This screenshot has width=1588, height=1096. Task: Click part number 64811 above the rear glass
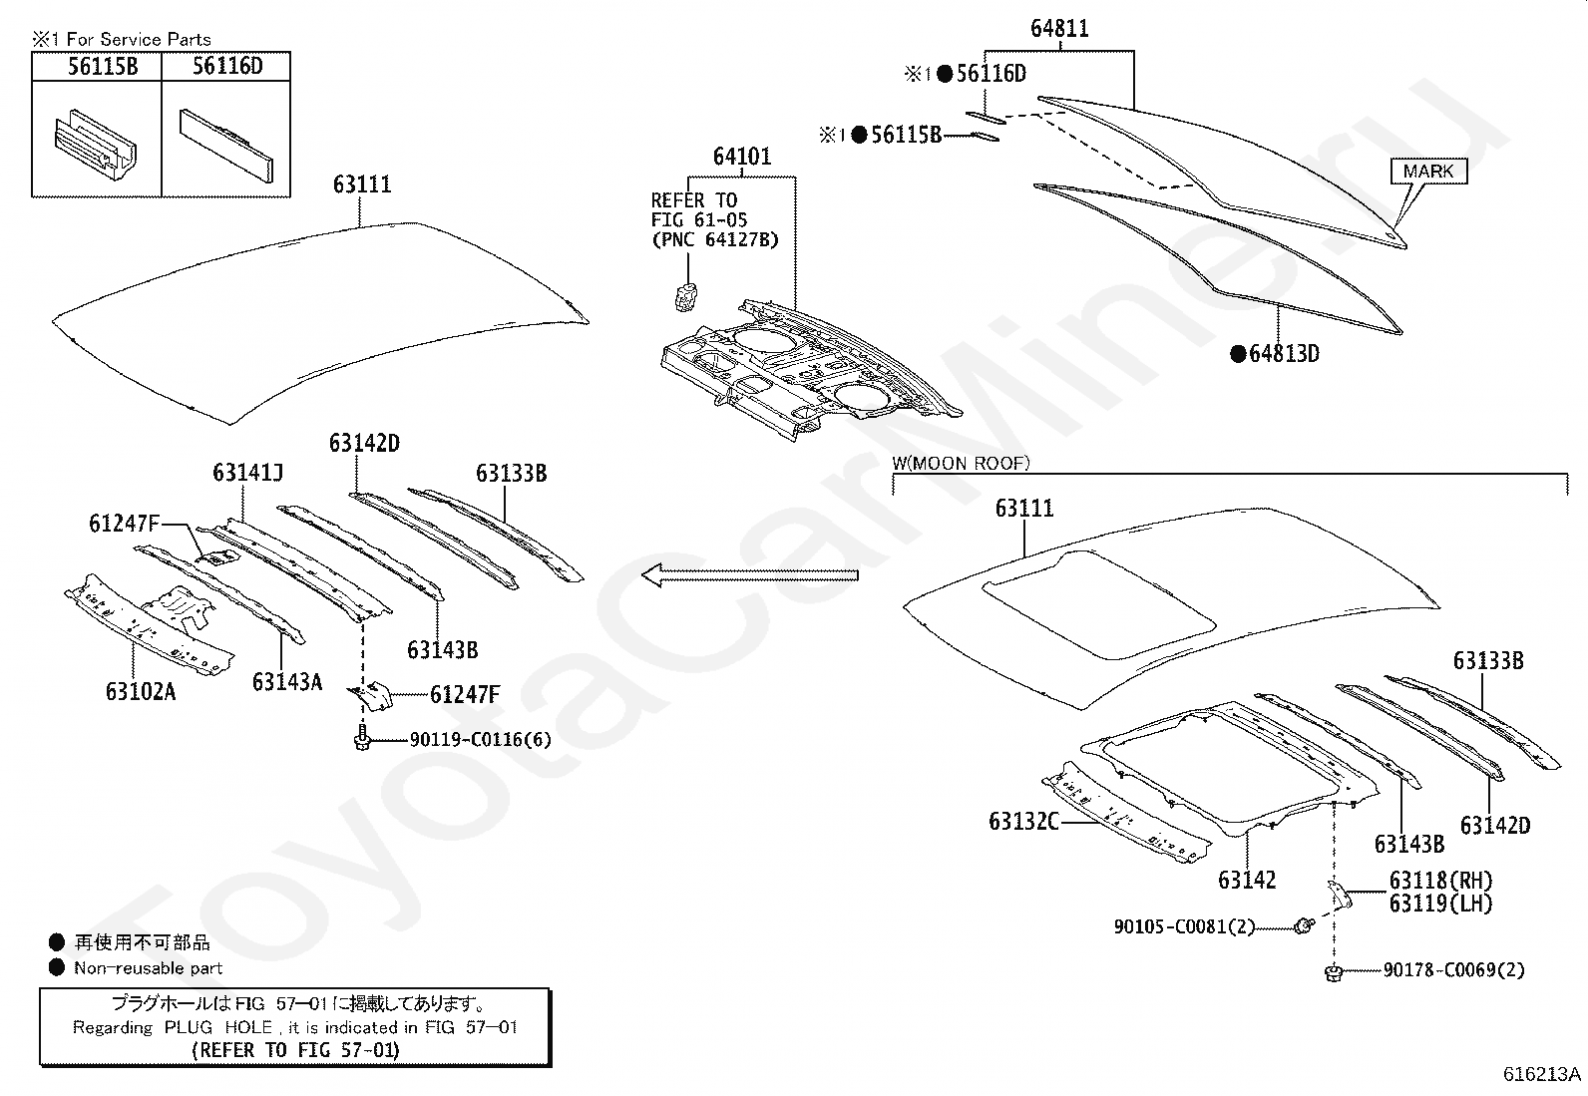pos(1059,28)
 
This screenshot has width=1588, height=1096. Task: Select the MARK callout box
pos(1428,172)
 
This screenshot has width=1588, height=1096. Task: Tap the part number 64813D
pos(1284,353)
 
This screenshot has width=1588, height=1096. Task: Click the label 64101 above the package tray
pos(741,157)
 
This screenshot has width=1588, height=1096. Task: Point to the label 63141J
pos(248,473)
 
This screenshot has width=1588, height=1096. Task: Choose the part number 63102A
pos(141,690)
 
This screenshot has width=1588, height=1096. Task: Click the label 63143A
pos(287,681)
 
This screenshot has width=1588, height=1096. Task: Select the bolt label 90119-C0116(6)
pos(480,739)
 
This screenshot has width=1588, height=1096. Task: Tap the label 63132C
pos(1023,821)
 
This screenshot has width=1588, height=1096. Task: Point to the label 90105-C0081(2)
pos(1184,926)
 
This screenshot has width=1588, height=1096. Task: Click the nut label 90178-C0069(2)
pos(1453,969)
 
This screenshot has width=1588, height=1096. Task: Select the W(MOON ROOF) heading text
pos(961,463)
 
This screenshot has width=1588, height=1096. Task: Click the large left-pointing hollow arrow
pos(749,575)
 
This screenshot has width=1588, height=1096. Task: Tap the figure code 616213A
pos(1542,1074)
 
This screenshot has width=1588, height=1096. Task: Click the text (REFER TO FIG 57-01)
pos(294,1049)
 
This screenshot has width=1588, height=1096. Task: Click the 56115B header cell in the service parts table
pos(96,67)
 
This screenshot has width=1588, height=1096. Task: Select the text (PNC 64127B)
pos(713,239)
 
